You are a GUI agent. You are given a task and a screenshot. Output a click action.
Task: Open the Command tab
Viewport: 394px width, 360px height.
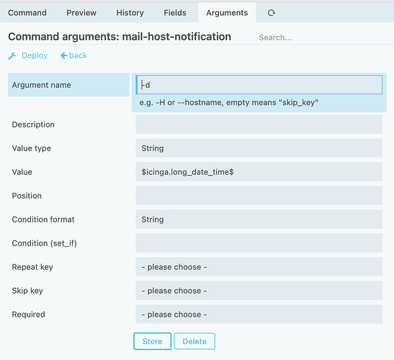pos(27,12)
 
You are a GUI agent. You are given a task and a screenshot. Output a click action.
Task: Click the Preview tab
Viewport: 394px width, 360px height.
pos(81,12)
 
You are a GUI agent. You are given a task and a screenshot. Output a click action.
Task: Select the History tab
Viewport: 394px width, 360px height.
pos(130,12)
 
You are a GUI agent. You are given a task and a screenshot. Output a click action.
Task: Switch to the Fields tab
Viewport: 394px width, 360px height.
pos(175,12)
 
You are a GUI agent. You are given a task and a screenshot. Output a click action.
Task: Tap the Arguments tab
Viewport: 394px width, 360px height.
pos(227,12)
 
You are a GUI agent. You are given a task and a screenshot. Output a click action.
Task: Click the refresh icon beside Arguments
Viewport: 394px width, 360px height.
pos(271,12)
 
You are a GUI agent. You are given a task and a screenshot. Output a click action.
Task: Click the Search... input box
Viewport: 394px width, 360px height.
pos(324,37)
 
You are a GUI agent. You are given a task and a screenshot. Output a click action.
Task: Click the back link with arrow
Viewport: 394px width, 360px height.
pos(73,55)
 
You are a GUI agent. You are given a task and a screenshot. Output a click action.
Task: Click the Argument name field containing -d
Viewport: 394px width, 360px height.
pos(259,85)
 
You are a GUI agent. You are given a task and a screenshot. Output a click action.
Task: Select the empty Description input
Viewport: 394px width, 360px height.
pos(259,125)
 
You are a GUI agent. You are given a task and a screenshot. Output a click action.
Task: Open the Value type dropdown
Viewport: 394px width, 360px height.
pos(259,148)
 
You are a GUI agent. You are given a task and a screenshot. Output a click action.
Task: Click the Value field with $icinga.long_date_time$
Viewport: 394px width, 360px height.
pos(259,172)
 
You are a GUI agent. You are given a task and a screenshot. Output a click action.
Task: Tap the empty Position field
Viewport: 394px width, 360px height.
pos(259,195)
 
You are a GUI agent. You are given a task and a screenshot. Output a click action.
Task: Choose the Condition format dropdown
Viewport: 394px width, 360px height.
pos(259,220)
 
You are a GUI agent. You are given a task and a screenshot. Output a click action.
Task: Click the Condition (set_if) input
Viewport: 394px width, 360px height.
pos(259,243)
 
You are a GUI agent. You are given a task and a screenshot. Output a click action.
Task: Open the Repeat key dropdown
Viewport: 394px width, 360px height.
pos(259,267)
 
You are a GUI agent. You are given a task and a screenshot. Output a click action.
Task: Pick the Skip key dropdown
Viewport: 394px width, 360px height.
pos(259,290)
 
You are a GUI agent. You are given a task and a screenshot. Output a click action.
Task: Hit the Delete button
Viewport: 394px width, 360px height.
pos(194,341)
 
